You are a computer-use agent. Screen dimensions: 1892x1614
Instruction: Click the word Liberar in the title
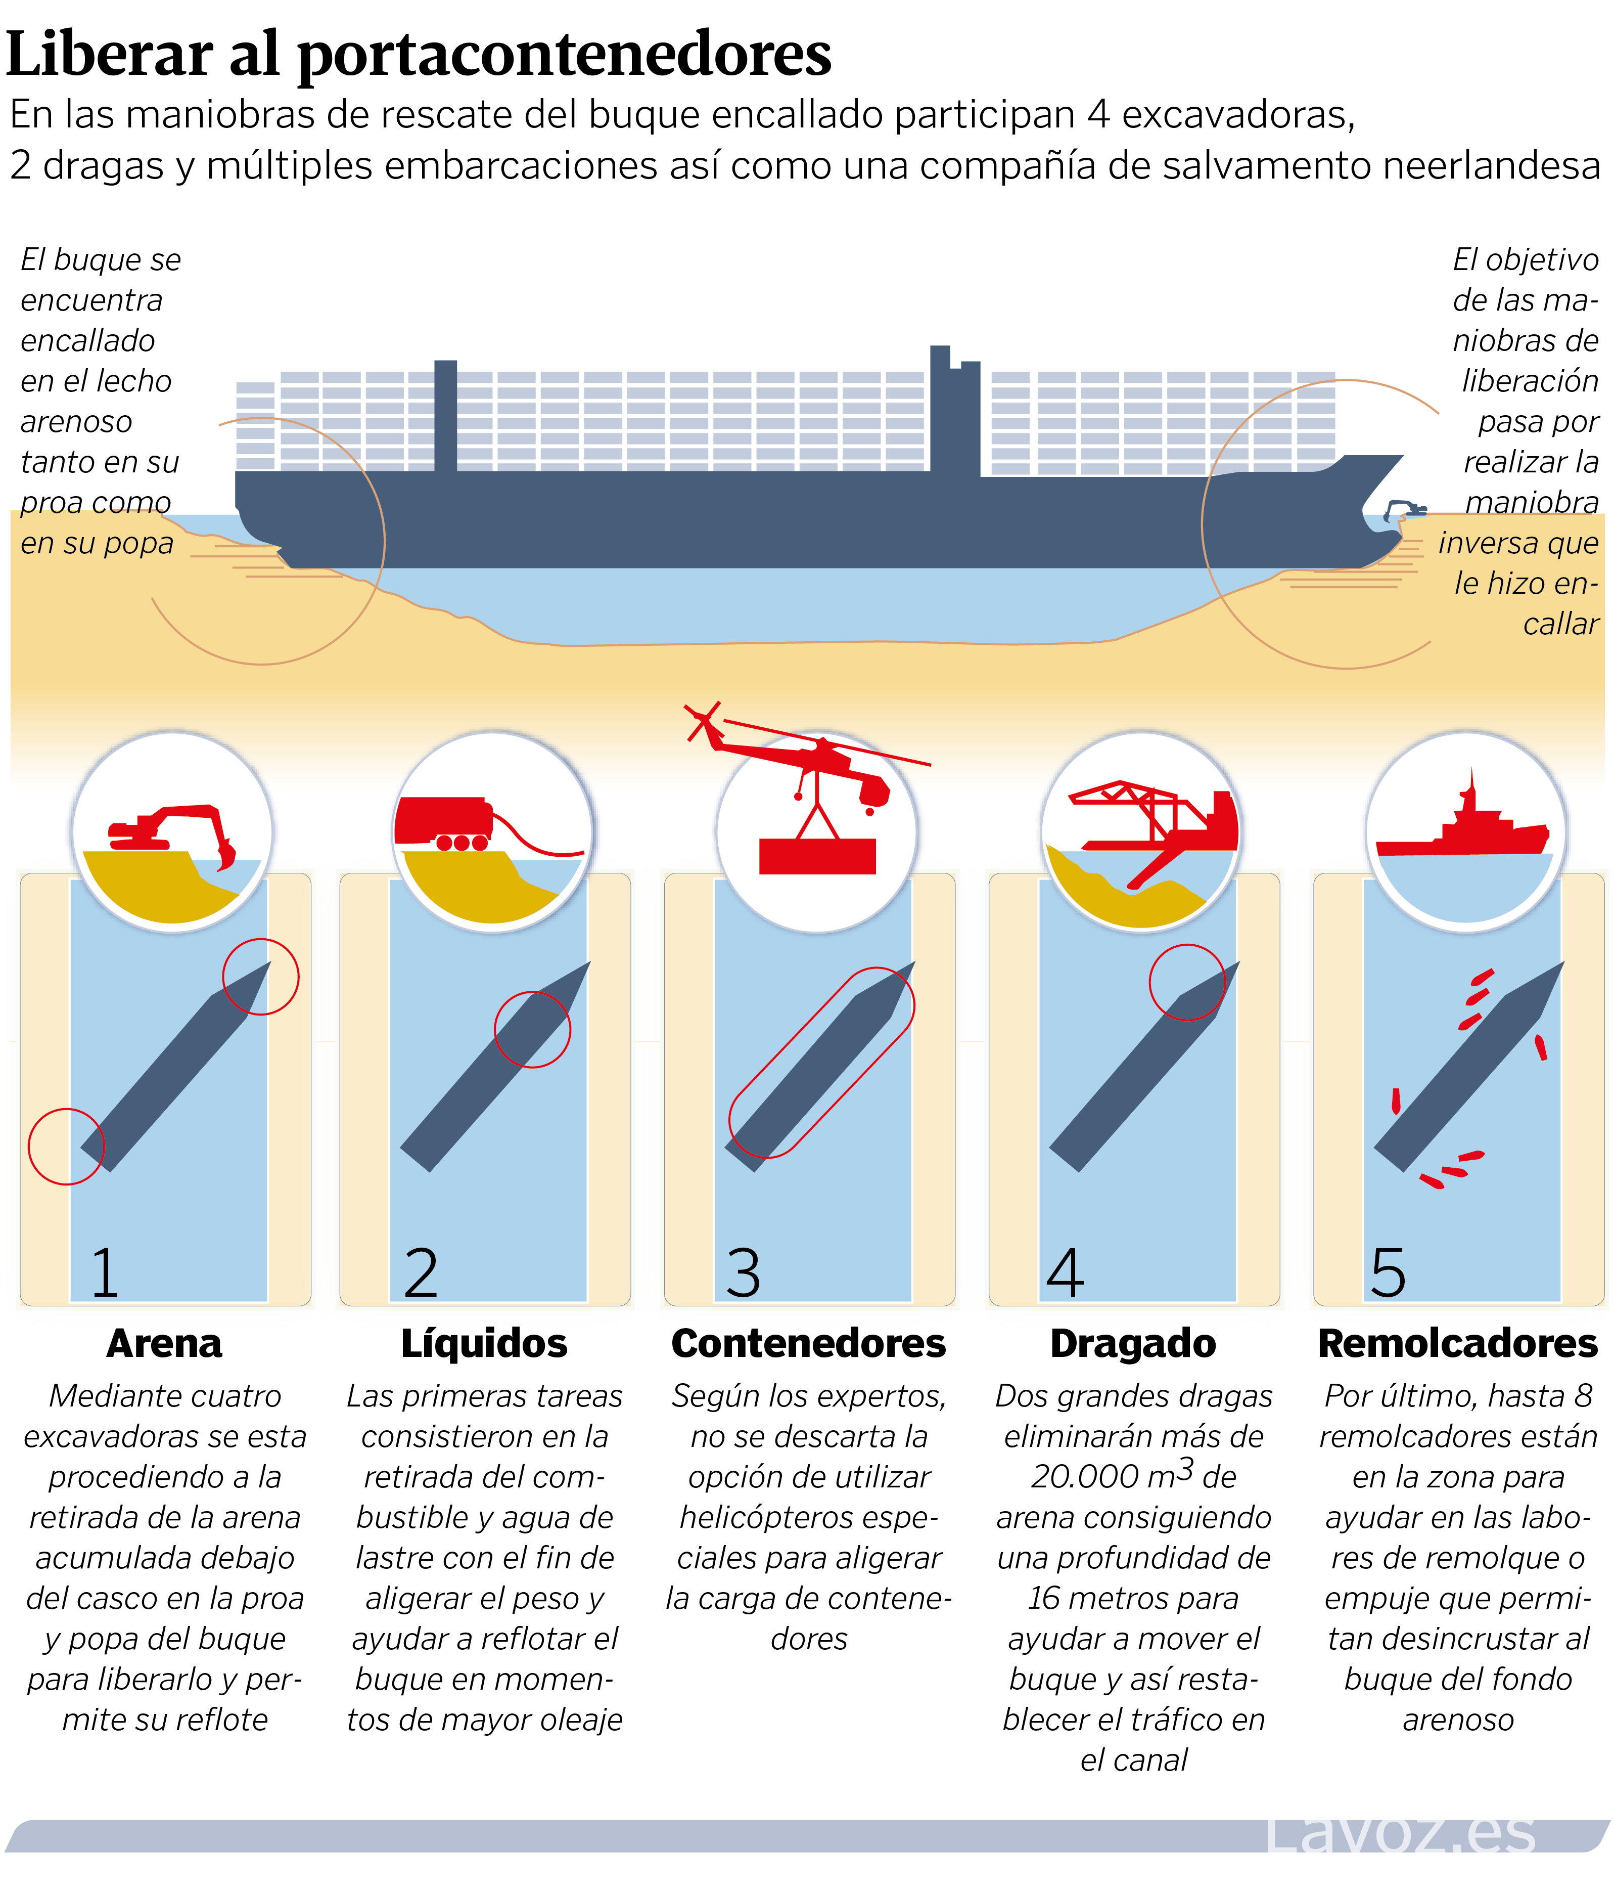point(110,55)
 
